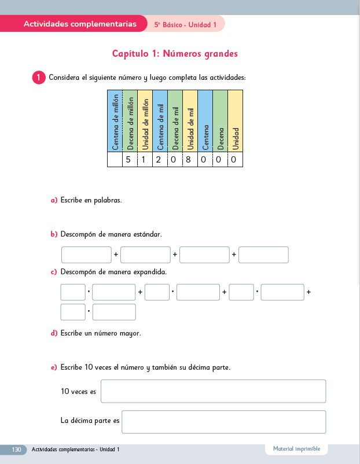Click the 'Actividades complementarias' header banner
[x=80, y=24]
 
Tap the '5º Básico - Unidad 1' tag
[x=185, y=25]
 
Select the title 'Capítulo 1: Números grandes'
[x=175, y=54]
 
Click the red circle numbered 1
[x=39, y=78]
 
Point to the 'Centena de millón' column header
[x=115, y=121]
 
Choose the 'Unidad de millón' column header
[x=145, y=121]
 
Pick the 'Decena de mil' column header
[x=175, y=121]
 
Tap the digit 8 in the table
[x=189, y=160]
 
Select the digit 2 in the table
[x=159, y=160]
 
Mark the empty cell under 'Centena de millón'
[x=115, y=160]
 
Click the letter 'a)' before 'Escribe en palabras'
[x=54, y=200]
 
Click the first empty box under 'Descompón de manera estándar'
[x=86, y=255]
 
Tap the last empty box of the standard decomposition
[x=263, y=255]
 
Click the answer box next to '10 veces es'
[x=213, y=391]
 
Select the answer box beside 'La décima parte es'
[x=223, y=421]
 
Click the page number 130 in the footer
[x=16, y=450]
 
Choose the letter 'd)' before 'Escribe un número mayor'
[x=54, y=333]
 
